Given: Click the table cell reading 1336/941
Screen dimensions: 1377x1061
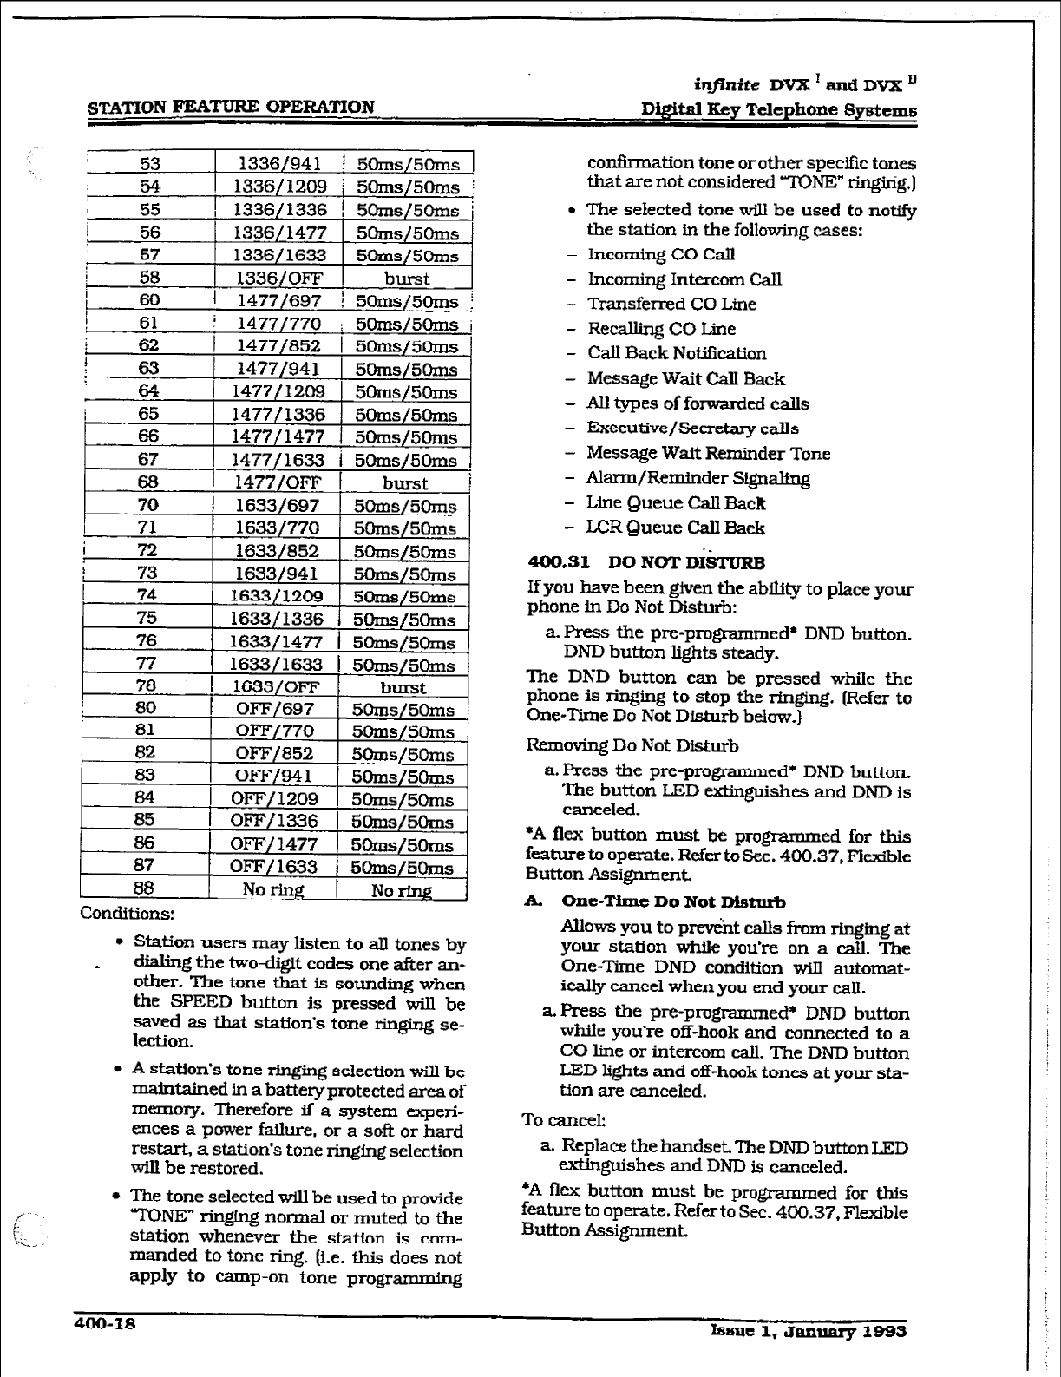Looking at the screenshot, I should (x=279, y=164).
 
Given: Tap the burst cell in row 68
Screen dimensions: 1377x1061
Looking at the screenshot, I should (x=405, y=483).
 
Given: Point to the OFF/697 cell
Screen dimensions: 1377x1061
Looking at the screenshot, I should (x=275, y=710).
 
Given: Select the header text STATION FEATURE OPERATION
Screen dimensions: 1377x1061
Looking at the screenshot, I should (x=232, y=107).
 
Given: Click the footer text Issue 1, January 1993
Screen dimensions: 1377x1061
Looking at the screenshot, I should (x=808, y=1331).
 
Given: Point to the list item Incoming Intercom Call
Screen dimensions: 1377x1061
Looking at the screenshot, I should (x=684, y=279).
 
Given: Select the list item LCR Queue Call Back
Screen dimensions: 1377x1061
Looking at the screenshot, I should (x=675, y=528).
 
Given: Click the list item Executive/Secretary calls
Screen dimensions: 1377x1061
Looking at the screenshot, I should (x=692, y=429).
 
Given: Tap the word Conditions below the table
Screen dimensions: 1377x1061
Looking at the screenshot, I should (x=128, y=914).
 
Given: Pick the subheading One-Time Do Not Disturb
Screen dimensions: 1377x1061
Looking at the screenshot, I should (x=673, y=902).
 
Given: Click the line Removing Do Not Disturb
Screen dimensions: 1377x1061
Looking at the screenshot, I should (x=632, y=746).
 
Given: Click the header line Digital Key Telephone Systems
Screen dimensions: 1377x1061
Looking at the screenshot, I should (x=778, y=110).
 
